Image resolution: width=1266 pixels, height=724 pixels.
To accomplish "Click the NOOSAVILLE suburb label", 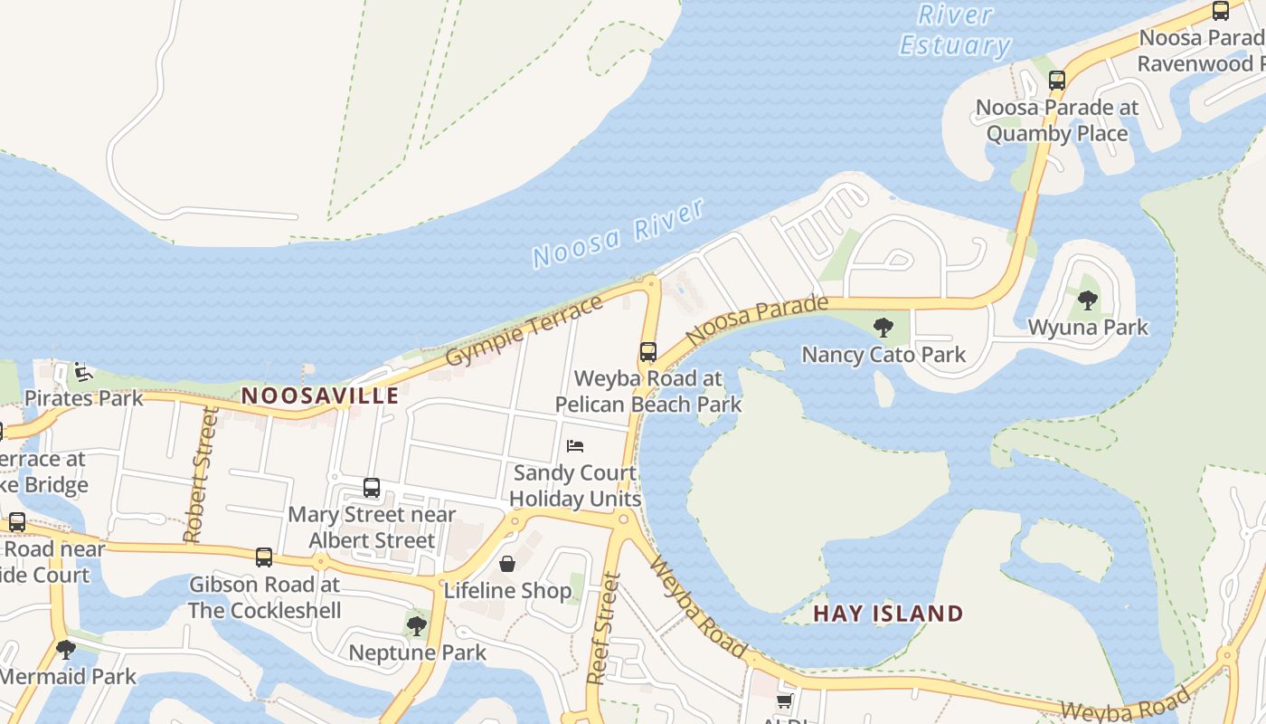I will tap(320, 395).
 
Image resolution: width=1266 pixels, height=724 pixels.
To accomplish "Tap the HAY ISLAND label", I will tap(888, 614).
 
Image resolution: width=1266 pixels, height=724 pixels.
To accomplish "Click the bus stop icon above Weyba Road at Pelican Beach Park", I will tap(648, 352).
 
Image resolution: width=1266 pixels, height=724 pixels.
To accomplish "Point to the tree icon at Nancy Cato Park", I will tap(883, 327).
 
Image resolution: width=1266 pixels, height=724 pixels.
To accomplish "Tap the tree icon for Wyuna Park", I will tap(1088, 300).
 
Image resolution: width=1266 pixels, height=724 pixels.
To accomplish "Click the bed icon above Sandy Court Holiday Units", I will tap(575, 445).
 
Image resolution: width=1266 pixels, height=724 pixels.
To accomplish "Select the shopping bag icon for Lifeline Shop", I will tap(507, 564).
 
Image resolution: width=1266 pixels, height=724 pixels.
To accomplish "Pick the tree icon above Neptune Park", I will tap(417, 625).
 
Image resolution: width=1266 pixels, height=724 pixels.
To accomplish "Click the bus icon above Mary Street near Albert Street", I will tap(372, 488).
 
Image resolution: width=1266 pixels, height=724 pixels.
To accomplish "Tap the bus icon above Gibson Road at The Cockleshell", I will tap(264, 557).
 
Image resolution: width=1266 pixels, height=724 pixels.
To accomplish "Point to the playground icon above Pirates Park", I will tap(83, 371).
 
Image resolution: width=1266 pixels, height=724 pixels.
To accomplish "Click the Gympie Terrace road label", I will tap(525, 331).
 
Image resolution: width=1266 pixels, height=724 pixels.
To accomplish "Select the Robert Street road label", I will tap(201, 474).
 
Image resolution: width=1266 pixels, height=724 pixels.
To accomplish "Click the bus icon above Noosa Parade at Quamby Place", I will tap(1057, 80).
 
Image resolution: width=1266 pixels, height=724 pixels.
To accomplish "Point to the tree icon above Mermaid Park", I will tap(65, 649).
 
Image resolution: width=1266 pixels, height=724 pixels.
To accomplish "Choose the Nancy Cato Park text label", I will tap(883, 355).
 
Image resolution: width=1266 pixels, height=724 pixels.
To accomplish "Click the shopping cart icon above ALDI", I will tap(784, 701).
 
